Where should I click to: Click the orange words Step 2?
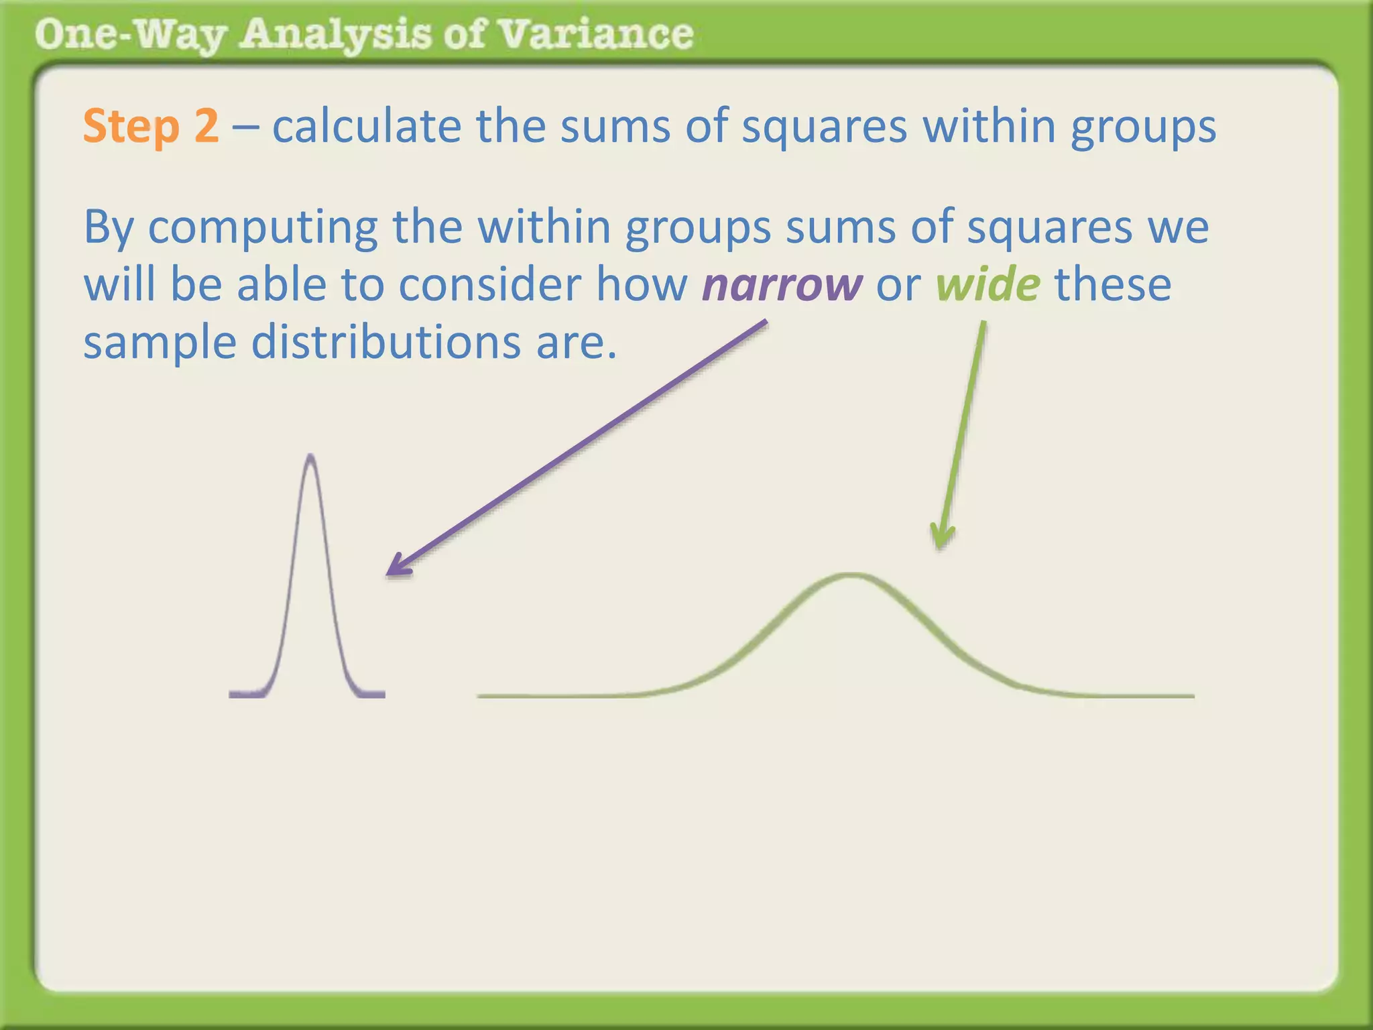(150, 126)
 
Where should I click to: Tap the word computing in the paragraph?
(263, 228)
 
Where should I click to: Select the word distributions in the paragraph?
(385, 342)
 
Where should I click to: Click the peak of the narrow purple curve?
(310, 457)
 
